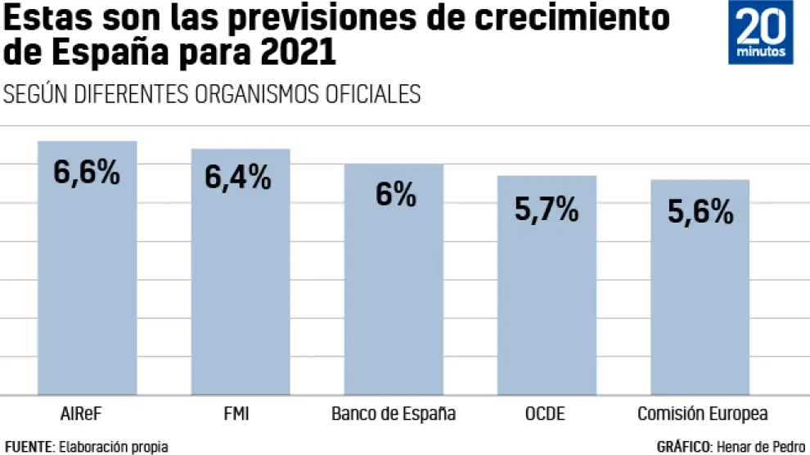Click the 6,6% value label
point(87,173)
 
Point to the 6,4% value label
point(238,178)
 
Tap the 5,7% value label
point(547,209)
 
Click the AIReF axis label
point(81,413)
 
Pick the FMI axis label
point(236,413)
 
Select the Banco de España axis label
point(394,413)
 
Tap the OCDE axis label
point(544,413)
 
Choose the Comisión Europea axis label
point(702,413)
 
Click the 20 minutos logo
point(761,33)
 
